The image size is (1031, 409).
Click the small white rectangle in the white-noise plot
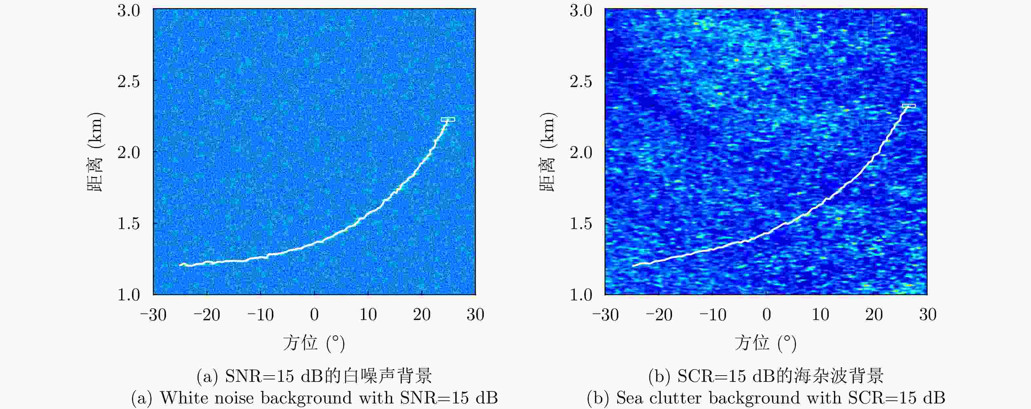tap(447, 119)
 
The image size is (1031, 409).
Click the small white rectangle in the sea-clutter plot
tap(909, 106)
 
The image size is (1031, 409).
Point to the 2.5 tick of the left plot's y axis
tap(129, 81)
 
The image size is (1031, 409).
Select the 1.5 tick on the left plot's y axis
tap(129, 223)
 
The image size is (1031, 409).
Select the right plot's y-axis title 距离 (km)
tap(548, 152)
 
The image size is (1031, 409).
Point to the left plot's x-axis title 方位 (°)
tap(314, 343)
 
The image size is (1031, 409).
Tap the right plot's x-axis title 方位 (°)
tap(765, 343)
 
